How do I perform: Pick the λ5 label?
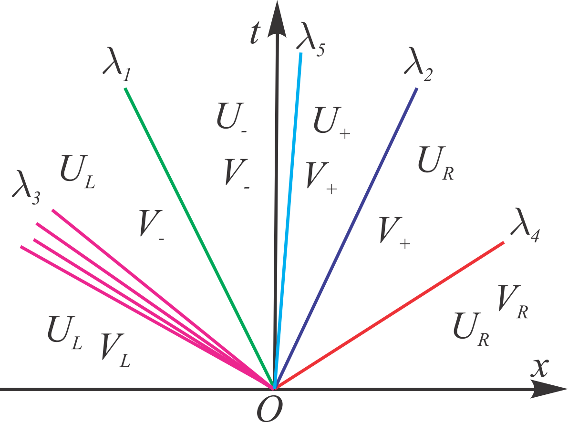(310, 38)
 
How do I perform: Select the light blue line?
(289, 214)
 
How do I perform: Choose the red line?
(391, 314)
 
